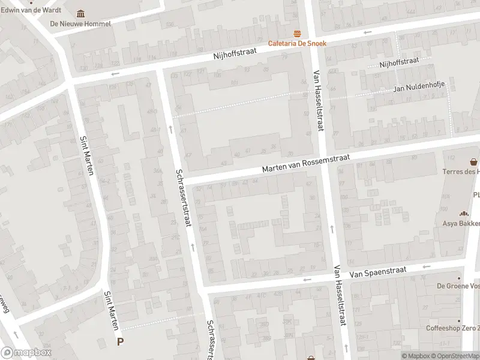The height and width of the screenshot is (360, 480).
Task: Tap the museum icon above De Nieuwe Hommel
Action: (x=81, y=14)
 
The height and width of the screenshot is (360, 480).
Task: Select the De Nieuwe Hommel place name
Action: (x=80, y=24)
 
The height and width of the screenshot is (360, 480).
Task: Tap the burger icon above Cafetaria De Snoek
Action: (x=296, y=33)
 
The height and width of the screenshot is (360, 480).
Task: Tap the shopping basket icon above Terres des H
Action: (x=474, y=161)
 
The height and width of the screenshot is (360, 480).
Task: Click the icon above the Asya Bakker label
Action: (x=463, y=213)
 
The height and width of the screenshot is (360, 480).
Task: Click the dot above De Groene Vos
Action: (x=460, y=278)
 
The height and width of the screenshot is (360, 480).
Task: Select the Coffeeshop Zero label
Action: (x=452, y=328)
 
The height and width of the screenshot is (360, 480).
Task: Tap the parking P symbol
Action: (x=121, y=342)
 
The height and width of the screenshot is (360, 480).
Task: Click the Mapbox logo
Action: (x=25, y=353)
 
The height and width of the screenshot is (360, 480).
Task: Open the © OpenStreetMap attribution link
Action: (x=456, y=356)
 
